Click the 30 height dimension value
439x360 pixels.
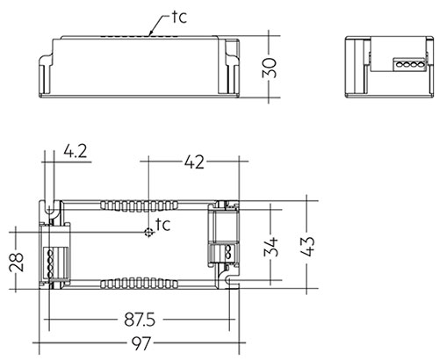tap(270, 68)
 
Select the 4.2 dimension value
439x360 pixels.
tap(76, 152)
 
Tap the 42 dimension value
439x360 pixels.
tap(194, 162)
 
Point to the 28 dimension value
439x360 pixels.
tap(17, 263)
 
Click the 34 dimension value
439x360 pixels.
tap(270, 248)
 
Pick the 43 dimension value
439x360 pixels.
tap(307, 246)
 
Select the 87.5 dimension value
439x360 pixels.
tap(140, 320)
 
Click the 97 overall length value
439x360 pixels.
tap(141, 343)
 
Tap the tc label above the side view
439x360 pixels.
tap(179, 17)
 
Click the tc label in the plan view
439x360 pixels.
tap(162, 224)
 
